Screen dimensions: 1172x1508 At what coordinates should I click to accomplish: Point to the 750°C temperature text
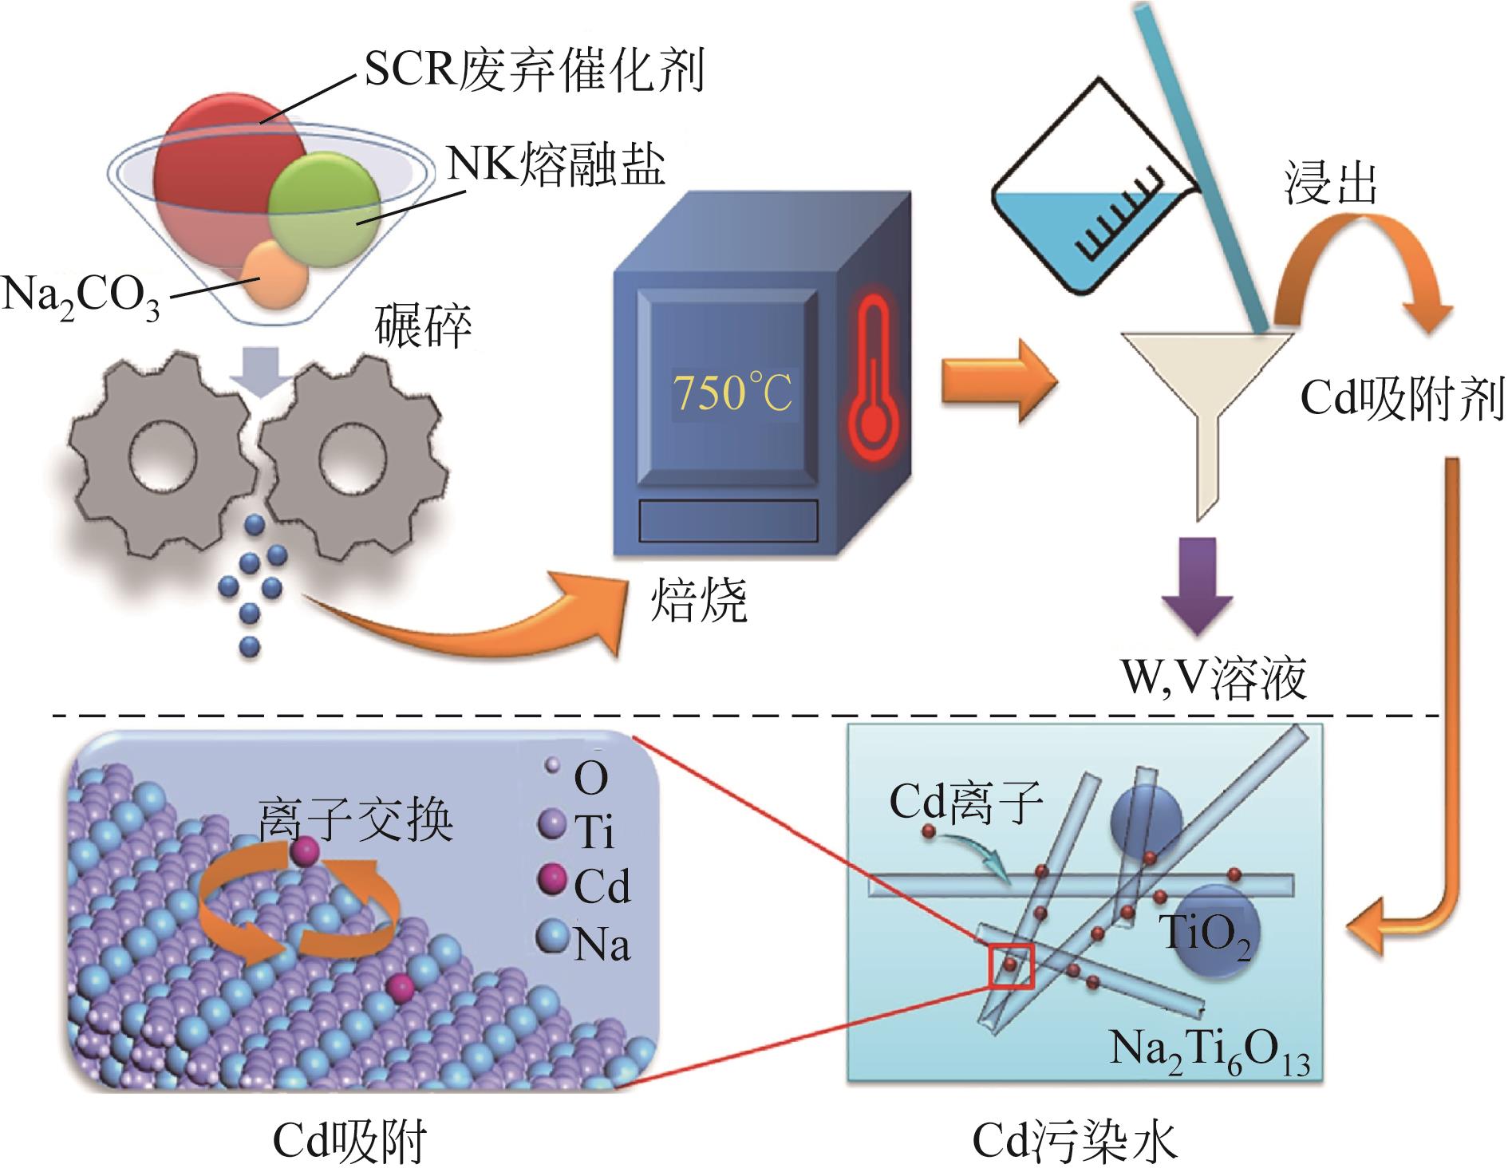tap(732, 393)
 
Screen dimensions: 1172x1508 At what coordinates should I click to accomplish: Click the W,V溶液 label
tap(1213, 679)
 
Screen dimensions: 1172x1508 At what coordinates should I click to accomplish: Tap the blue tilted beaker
tap(1093, 195)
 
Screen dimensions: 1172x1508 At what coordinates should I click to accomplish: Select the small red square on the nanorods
tap(1011, 966)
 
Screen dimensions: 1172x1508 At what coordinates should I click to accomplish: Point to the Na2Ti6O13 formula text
tap(1210, 1053)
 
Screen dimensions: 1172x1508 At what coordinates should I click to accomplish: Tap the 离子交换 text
tap(355, 822)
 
